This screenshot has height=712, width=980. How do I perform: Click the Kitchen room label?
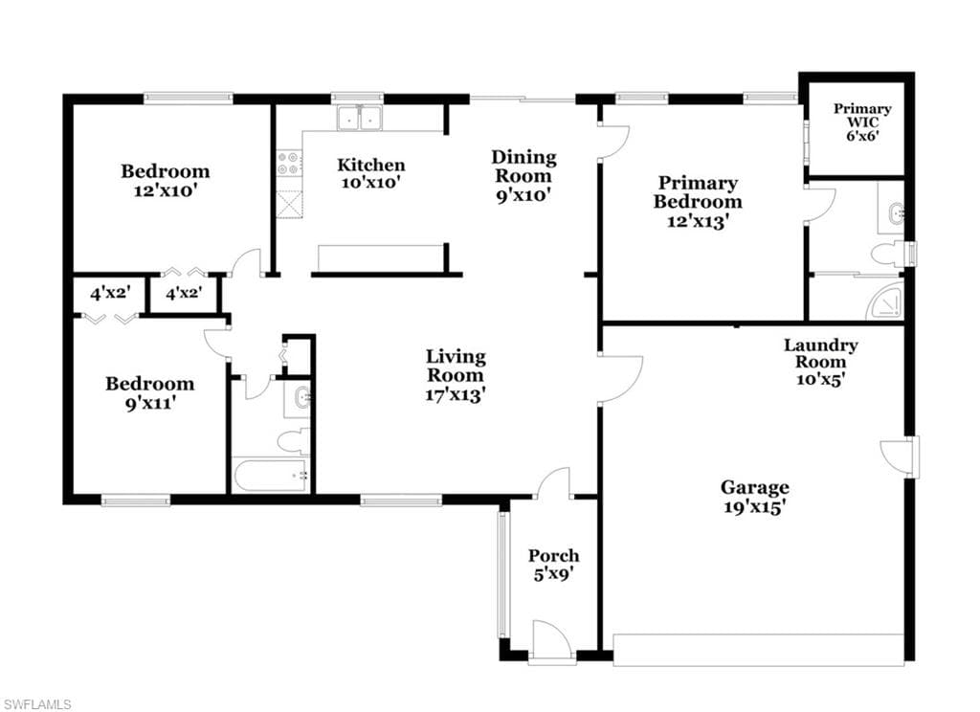pyautogui.click(x=371, y=165)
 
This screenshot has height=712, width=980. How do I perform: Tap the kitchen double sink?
pyautogui.click(x=360, y=118)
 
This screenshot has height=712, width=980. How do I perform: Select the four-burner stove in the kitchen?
pyautogui.click(x=290, y=163)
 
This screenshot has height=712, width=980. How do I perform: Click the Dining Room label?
pyautogui.click(x=523, y=167)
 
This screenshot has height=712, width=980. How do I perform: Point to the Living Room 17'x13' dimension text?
pyautogui.click(x=456, y=394)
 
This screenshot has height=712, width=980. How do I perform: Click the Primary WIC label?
pyautogui.click(x=862, y=115)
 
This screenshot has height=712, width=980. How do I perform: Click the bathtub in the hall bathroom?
pyautogui.click(x=271, y=476)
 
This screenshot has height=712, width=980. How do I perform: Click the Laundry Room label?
pyautogui.click(x=820, y=353)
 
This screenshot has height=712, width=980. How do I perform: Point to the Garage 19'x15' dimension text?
pyautogui.click(x=754, y=506)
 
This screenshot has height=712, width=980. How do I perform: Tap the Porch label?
pyautogui.click(x=554, y=555)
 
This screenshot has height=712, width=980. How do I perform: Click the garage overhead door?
pyautogui.click(x=759, y=650)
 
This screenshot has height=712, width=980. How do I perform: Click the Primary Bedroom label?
pyautogui.click(x=698, y=192)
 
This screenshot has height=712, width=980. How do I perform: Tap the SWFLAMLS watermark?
pyautogui.click(x=37, y=704)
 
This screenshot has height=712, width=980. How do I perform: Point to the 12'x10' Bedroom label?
pyautogui.click(x=165, y=181)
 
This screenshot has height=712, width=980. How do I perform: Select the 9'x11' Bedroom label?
pyautogui.click(x=149, y=393)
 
